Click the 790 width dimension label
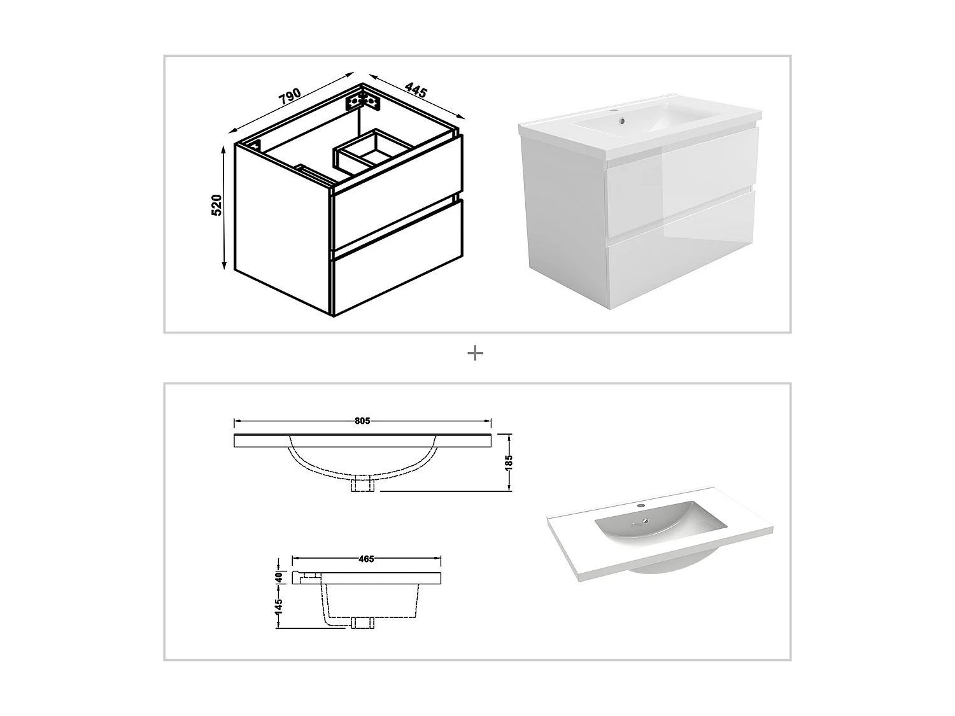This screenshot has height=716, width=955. click(289, 96)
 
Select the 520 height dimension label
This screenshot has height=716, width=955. click(216, 205)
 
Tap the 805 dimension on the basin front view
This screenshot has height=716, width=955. click(362, 421)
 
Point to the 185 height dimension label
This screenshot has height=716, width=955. click(509, 461)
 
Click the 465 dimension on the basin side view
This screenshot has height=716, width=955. click(366, 559)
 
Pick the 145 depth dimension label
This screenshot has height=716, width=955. click(278, 606)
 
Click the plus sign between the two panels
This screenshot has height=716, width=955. click(475, 353)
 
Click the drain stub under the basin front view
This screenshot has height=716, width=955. click(362, 485)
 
